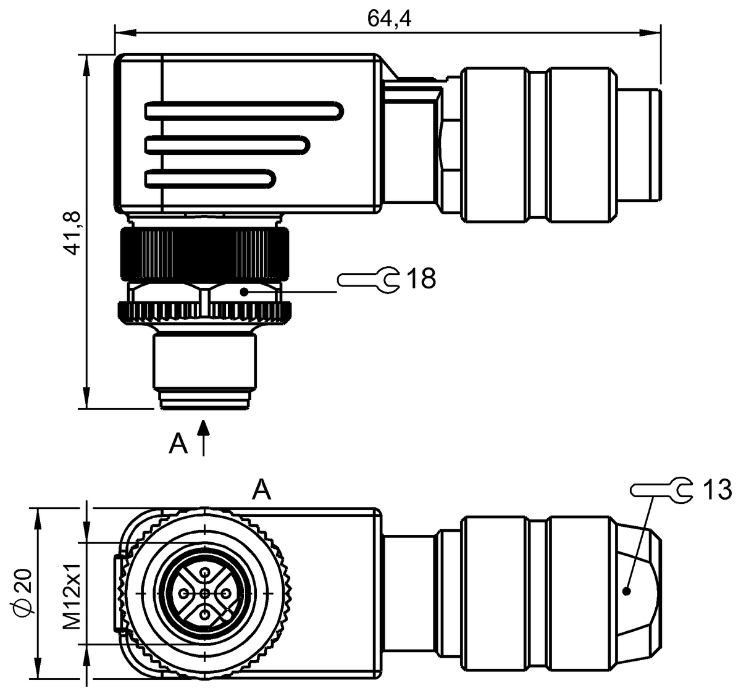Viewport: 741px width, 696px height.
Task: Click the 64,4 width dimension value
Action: pyautogui.click(x=389, y=18)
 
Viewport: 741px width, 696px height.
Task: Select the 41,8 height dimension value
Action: pyautogui.click(x=73, y=232)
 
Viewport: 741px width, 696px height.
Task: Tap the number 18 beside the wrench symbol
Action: pyautogui.click(x=421, y=279)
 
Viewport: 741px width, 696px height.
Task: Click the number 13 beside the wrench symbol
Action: pyautogui.click(x=716, y=490)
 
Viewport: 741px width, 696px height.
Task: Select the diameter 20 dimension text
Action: pyautogui.click(x=24, y=597)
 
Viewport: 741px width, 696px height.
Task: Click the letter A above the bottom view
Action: pyautogui.click(x=262, y=490)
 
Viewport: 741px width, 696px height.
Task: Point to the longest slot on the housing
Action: pyautogui.click(x=244, y=111)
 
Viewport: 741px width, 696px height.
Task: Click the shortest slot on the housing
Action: pyautogui.click(x=210, y=180)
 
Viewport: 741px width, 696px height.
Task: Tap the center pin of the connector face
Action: pyautogui.click(x=205, y=593)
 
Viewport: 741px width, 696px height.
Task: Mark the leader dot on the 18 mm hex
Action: pyautogui.click(x=245, y=291)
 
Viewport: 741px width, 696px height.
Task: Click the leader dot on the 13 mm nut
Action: pyautogui.click(x=627, y=591)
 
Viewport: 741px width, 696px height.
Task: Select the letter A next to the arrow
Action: pyautogui.click(x=178, y=443)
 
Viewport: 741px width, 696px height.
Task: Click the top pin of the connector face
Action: pyautogui.click(x=205, y=573)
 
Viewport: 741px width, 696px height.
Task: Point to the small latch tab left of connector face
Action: pyautogui.click(x=118, y=593)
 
